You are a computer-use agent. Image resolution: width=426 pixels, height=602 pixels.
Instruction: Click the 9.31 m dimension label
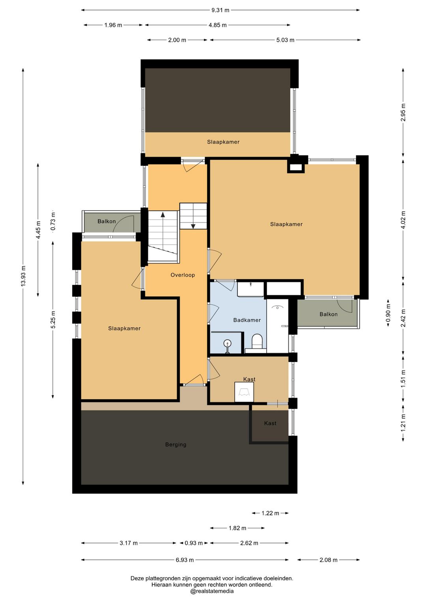click(x=220, y=10)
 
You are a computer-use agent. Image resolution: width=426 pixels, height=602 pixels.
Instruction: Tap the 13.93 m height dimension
click(x=24, y=276)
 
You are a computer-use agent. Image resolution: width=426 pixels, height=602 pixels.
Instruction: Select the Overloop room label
click(x=183, y=275)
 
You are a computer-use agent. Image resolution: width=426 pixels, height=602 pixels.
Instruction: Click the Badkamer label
click(x=247, y=320)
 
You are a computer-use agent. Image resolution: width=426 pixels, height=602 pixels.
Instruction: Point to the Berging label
click(x=176, y=445)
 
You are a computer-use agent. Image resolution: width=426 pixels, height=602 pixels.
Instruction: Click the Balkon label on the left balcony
click(x=107, y=221)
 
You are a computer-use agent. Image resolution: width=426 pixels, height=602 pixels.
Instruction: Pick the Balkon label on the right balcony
click(x=329, y=314)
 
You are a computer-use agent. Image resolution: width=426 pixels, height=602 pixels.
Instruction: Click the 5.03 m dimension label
click(x=286, y=40)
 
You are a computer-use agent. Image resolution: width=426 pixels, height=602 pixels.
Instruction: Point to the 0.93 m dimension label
click(x=194, y=543)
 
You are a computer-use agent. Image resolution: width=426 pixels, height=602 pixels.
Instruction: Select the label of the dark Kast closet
click(x=270, y=423)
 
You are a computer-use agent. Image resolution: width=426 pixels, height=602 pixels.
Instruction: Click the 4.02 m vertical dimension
click(x=403, y=220)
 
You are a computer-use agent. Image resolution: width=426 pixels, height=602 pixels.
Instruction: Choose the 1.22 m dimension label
click(x=270, y=513)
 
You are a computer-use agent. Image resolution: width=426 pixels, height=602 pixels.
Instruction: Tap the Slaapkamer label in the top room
click(x=223, y=142)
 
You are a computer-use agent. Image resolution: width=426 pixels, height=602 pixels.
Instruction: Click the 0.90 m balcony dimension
click(x=388, y=313)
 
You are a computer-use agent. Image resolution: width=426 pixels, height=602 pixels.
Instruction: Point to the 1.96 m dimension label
click(x=113, y=25)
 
